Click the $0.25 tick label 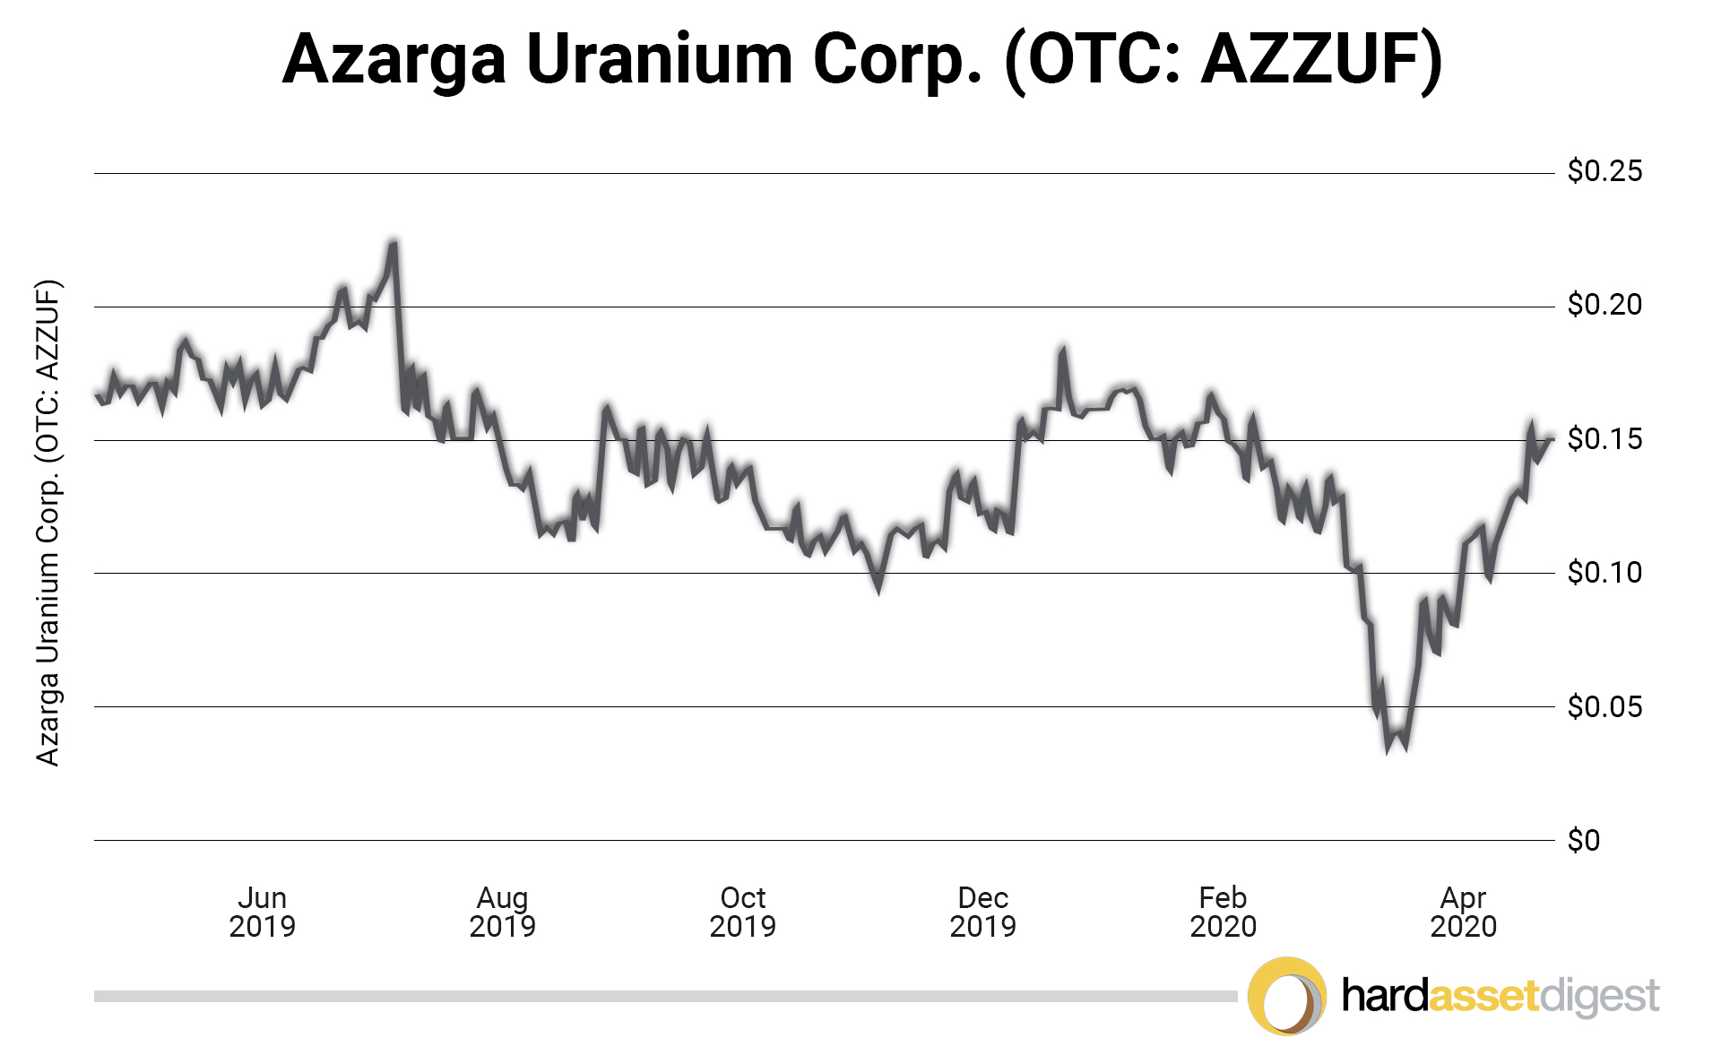pyautogui.click(x=1604, y=170)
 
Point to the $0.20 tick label pyautogui.click(x=1604, y=305)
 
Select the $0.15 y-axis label pyautogui.click(x=1604, y=438)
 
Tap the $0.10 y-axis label pyautogui.click(x=1604, y=572)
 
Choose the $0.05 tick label pyautogui.click(x=1604, y=706)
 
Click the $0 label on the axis pyautogui.click(x=1583, y=840)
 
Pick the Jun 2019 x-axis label pyautogui.click(x=262, y=912)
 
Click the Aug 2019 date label pyautogui.click(x=502, y=912)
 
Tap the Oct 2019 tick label pyautogui.click(x=742, y=912)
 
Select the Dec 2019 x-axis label pyautogui.click(x=982, y=912)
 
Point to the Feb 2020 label pyautogui.click(x=1223, y=912)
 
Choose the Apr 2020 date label pyautogui.click(x=1463, y=912)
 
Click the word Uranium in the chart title pyautogui.click(x=659, y=59)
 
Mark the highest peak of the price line pyautogui.click(x=393, y=242)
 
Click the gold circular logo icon pyautogui.click(x=1287, y=996)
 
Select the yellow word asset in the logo pyautogui.click(x=1483, y=996)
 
